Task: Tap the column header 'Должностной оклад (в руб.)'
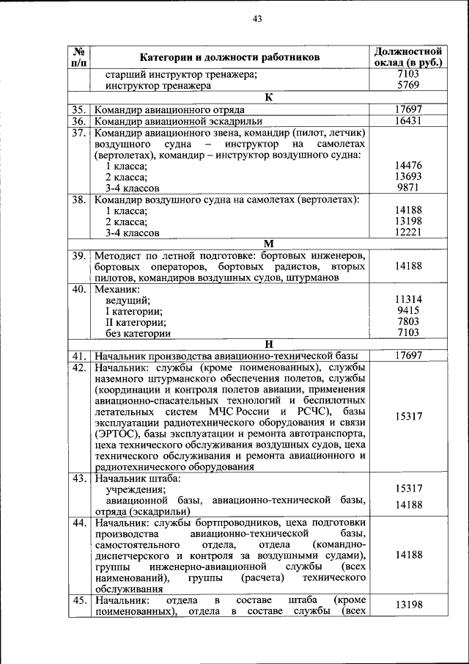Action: click(x=407, y=57)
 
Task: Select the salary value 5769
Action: click(x=407, y=85)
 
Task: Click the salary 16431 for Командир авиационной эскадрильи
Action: click(x=407, y=121)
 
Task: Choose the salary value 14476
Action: click(x=408, y=166)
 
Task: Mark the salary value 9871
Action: click(x=408, y=189)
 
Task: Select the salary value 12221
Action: click(x=408, y=233)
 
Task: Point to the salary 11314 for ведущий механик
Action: click(x=408, y=299)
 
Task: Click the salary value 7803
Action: click(x=408, y=321)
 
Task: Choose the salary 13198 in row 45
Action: click(x=408, y=605)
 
